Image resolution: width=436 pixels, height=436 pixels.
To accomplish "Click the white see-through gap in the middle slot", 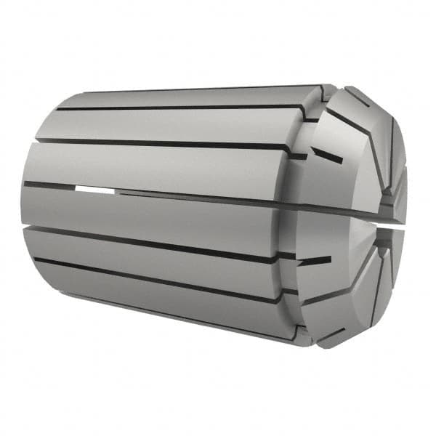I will coord(94,190).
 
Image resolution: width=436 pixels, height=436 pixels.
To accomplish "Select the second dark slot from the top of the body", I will coord(167,145).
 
